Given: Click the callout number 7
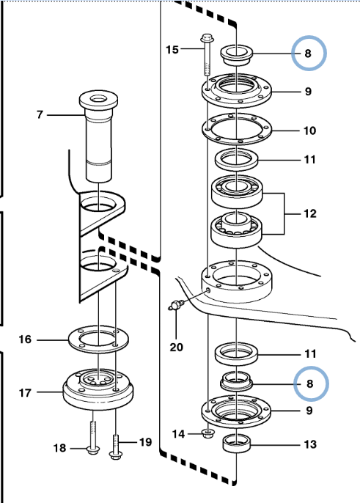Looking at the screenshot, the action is coord(40,114).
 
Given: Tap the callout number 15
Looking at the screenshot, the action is coord(172,50).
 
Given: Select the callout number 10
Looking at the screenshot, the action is coord(309,131).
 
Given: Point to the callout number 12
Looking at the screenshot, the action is coord(310,213).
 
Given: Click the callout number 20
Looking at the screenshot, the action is coord(176,347).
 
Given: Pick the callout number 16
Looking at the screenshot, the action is coord(25,339).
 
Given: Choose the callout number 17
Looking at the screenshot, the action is coord(25,393).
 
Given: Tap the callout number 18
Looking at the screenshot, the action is coord(59,448).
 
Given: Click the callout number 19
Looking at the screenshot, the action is coord(145,442).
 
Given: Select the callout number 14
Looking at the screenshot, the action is coord(178,434).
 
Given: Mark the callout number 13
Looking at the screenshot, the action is coord(310,444).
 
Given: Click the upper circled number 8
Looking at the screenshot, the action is coord(308,54).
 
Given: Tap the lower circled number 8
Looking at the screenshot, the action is coord(309,383).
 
